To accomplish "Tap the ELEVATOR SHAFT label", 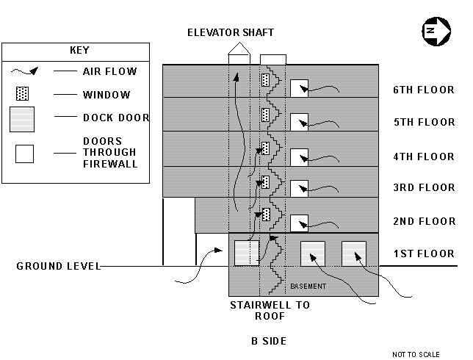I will pos(230,32).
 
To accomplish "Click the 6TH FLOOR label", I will pos(424,90).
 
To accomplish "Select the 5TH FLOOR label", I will pos(424,122).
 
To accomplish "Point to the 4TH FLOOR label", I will pos(424,156).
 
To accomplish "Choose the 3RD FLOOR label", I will pos(424,188).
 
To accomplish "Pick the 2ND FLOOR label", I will pos(424,221).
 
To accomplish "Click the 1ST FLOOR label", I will pos(424,254).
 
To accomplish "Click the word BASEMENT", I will pos(308,286).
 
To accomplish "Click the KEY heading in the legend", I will pos(79,51).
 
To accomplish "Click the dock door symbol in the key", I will pos(22,118).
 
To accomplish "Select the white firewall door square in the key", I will pos(25,154).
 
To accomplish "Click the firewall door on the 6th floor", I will pos(299,88).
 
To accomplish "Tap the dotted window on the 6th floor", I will pos(265,79).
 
